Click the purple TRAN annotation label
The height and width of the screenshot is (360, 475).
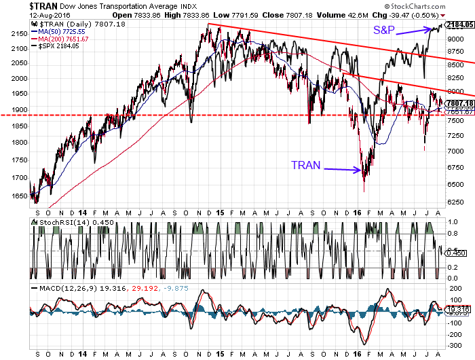click(x=305, y=165)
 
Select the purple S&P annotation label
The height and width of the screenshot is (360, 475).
click(x=383, y=31)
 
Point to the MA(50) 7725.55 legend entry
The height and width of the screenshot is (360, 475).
click(x=62, y=31)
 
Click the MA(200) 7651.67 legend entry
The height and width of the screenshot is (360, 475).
click(x=64, y=39)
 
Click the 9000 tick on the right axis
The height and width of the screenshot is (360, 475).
click(x=455, y=39)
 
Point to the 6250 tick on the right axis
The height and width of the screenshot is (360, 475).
click(x=455, y=201)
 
